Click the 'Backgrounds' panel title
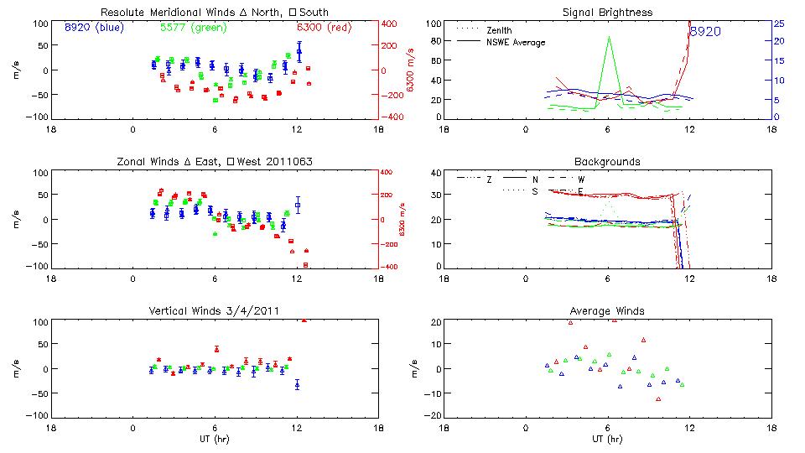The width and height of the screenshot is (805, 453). (607, 161)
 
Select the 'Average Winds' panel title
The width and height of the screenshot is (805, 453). (607, 311)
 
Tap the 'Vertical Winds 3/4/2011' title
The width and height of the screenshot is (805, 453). (214, 311)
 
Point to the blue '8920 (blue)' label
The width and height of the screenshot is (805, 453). (93, 27)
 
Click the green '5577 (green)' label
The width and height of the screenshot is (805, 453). (192, 27)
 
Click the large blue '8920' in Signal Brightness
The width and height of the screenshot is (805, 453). (705, 31)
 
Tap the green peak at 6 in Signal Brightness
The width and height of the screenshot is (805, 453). (608, 38)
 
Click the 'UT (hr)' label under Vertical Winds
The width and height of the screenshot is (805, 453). (214, 438)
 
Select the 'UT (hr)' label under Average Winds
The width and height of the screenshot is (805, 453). (607, 438)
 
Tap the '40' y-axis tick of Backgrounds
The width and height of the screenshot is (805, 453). (434, 174)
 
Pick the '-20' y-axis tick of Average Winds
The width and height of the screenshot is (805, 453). (432, 415)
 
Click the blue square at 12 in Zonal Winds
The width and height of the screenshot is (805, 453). (297, 205)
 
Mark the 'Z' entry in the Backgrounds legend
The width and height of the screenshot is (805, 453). (489, 180)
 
